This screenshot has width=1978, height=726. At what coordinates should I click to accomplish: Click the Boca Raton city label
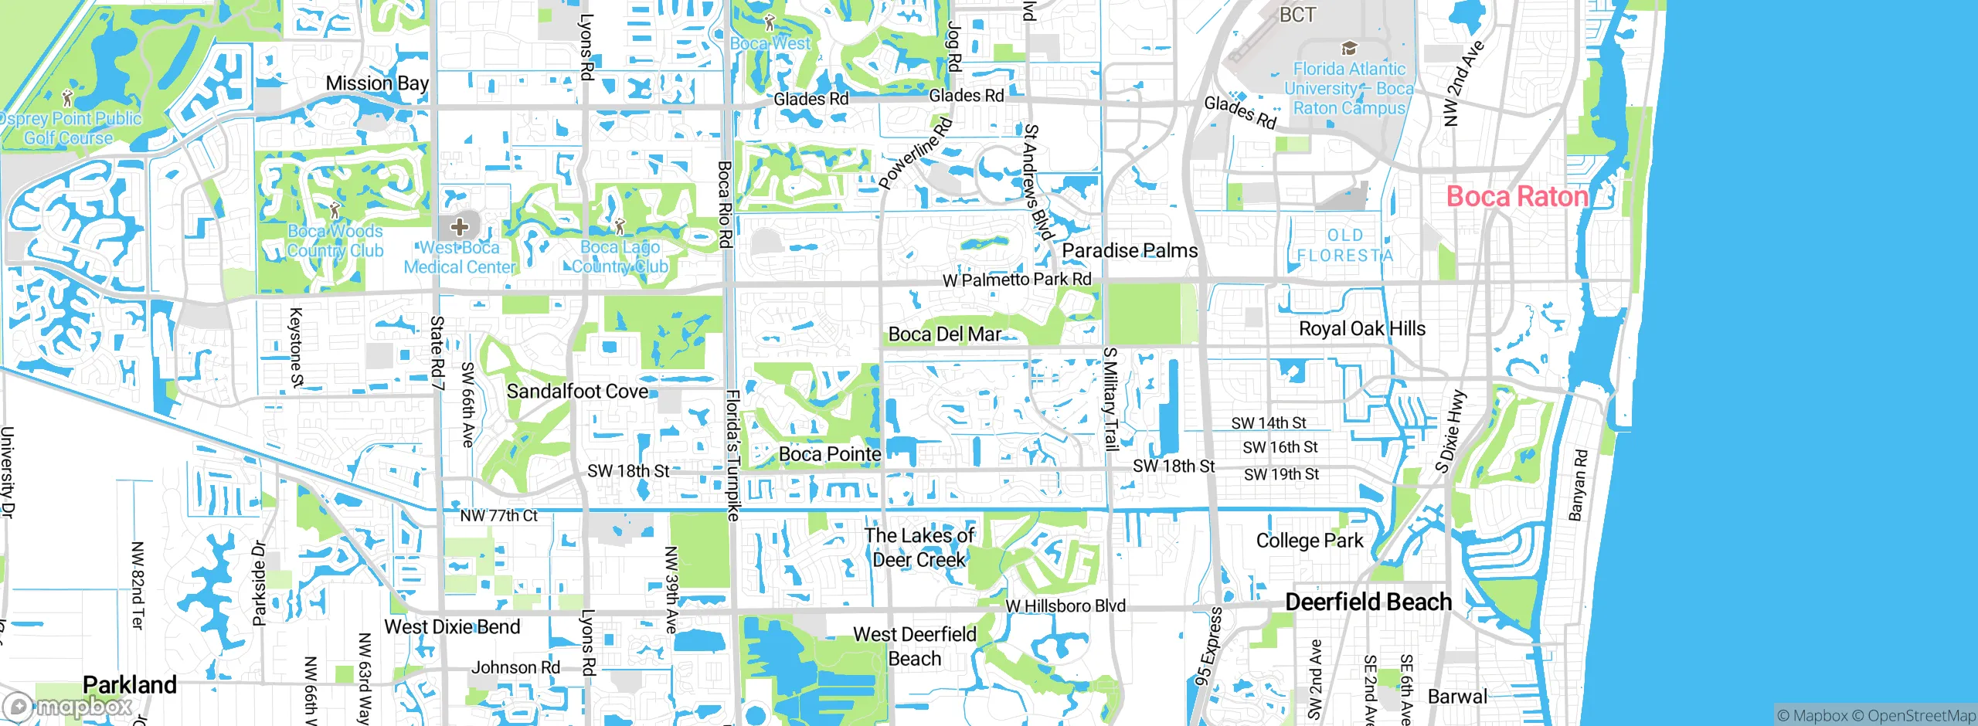tap(1517, 196)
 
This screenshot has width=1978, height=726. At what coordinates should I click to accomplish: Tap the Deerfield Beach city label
tap(1368, 602)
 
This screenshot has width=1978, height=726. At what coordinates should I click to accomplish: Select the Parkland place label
tap(130, 684)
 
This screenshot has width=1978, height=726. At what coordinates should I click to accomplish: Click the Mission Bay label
tap(377, 83)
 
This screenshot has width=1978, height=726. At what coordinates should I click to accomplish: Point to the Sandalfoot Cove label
tap(577, 392)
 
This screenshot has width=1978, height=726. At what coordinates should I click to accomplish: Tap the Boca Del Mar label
tap(944, 334)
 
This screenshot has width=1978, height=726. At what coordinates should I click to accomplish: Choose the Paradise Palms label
tap(1130, 251)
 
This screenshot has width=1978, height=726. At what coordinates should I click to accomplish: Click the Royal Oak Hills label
tap(1362, 329)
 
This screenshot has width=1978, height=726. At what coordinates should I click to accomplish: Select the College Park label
tap(1310, 541)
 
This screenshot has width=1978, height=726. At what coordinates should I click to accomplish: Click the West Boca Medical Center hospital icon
tap(460, 227)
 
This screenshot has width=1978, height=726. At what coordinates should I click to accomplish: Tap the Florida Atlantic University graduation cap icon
tap(1349, 48)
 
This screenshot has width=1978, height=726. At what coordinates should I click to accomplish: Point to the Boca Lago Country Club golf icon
tap(620, 227)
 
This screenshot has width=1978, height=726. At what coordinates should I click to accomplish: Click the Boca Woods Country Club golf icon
tap(335, 210)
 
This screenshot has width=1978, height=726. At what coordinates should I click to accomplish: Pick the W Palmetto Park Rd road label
tap(1017, 280)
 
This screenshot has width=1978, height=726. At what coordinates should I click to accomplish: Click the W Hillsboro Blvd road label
tap(1065, 606)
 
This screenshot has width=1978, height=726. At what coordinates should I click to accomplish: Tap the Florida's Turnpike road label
tap(732, 456)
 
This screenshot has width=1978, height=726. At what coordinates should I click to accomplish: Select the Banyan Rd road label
tap(1579, 486)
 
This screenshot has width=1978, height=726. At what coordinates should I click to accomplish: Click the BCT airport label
tap(1297, 15)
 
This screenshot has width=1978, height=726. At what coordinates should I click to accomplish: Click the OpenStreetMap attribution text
tap(1922, 716)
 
